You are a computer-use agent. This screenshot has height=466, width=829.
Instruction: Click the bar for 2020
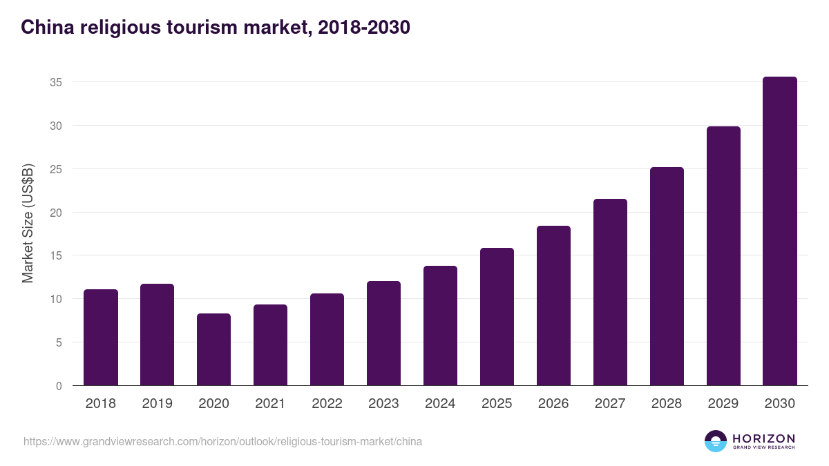click(213, 349)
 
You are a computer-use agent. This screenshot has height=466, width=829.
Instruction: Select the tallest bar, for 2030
click(779, 231)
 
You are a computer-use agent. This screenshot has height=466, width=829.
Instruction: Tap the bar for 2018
click(101, 338)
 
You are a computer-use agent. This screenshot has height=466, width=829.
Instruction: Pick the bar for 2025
click(497, 317)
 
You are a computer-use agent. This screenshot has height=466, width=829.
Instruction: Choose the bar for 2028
click(667, 276)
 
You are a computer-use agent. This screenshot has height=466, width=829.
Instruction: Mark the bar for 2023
click(383, 333)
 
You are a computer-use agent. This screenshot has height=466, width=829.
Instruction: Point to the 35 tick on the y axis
click(56, 82)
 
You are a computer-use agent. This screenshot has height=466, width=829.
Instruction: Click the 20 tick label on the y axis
click(56, 213)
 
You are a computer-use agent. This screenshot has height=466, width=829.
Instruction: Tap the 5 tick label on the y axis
click(59, 342)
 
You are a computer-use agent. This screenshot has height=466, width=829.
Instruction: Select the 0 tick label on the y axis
click(59, 386)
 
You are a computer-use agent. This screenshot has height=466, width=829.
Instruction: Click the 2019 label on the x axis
click(158, 404)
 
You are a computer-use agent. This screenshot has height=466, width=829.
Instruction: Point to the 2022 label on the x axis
click(327, 404)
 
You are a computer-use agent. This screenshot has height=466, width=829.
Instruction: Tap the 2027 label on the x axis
click(610, 404)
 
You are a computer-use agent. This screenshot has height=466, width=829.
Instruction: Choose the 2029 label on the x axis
click(723, 404)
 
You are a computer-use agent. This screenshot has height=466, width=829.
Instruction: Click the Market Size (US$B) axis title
click(28, 223)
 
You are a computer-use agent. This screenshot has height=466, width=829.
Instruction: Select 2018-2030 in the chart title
click(363, 27)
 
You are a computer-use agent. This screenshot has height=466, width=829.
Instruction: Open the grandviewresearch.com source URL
click(222, 441)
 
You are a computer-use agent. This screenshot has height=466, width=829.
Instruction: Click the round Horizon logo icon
click(716, 441)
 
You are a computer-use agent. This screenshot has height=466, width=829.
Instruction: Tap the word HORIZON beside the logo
click(763, 438)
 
